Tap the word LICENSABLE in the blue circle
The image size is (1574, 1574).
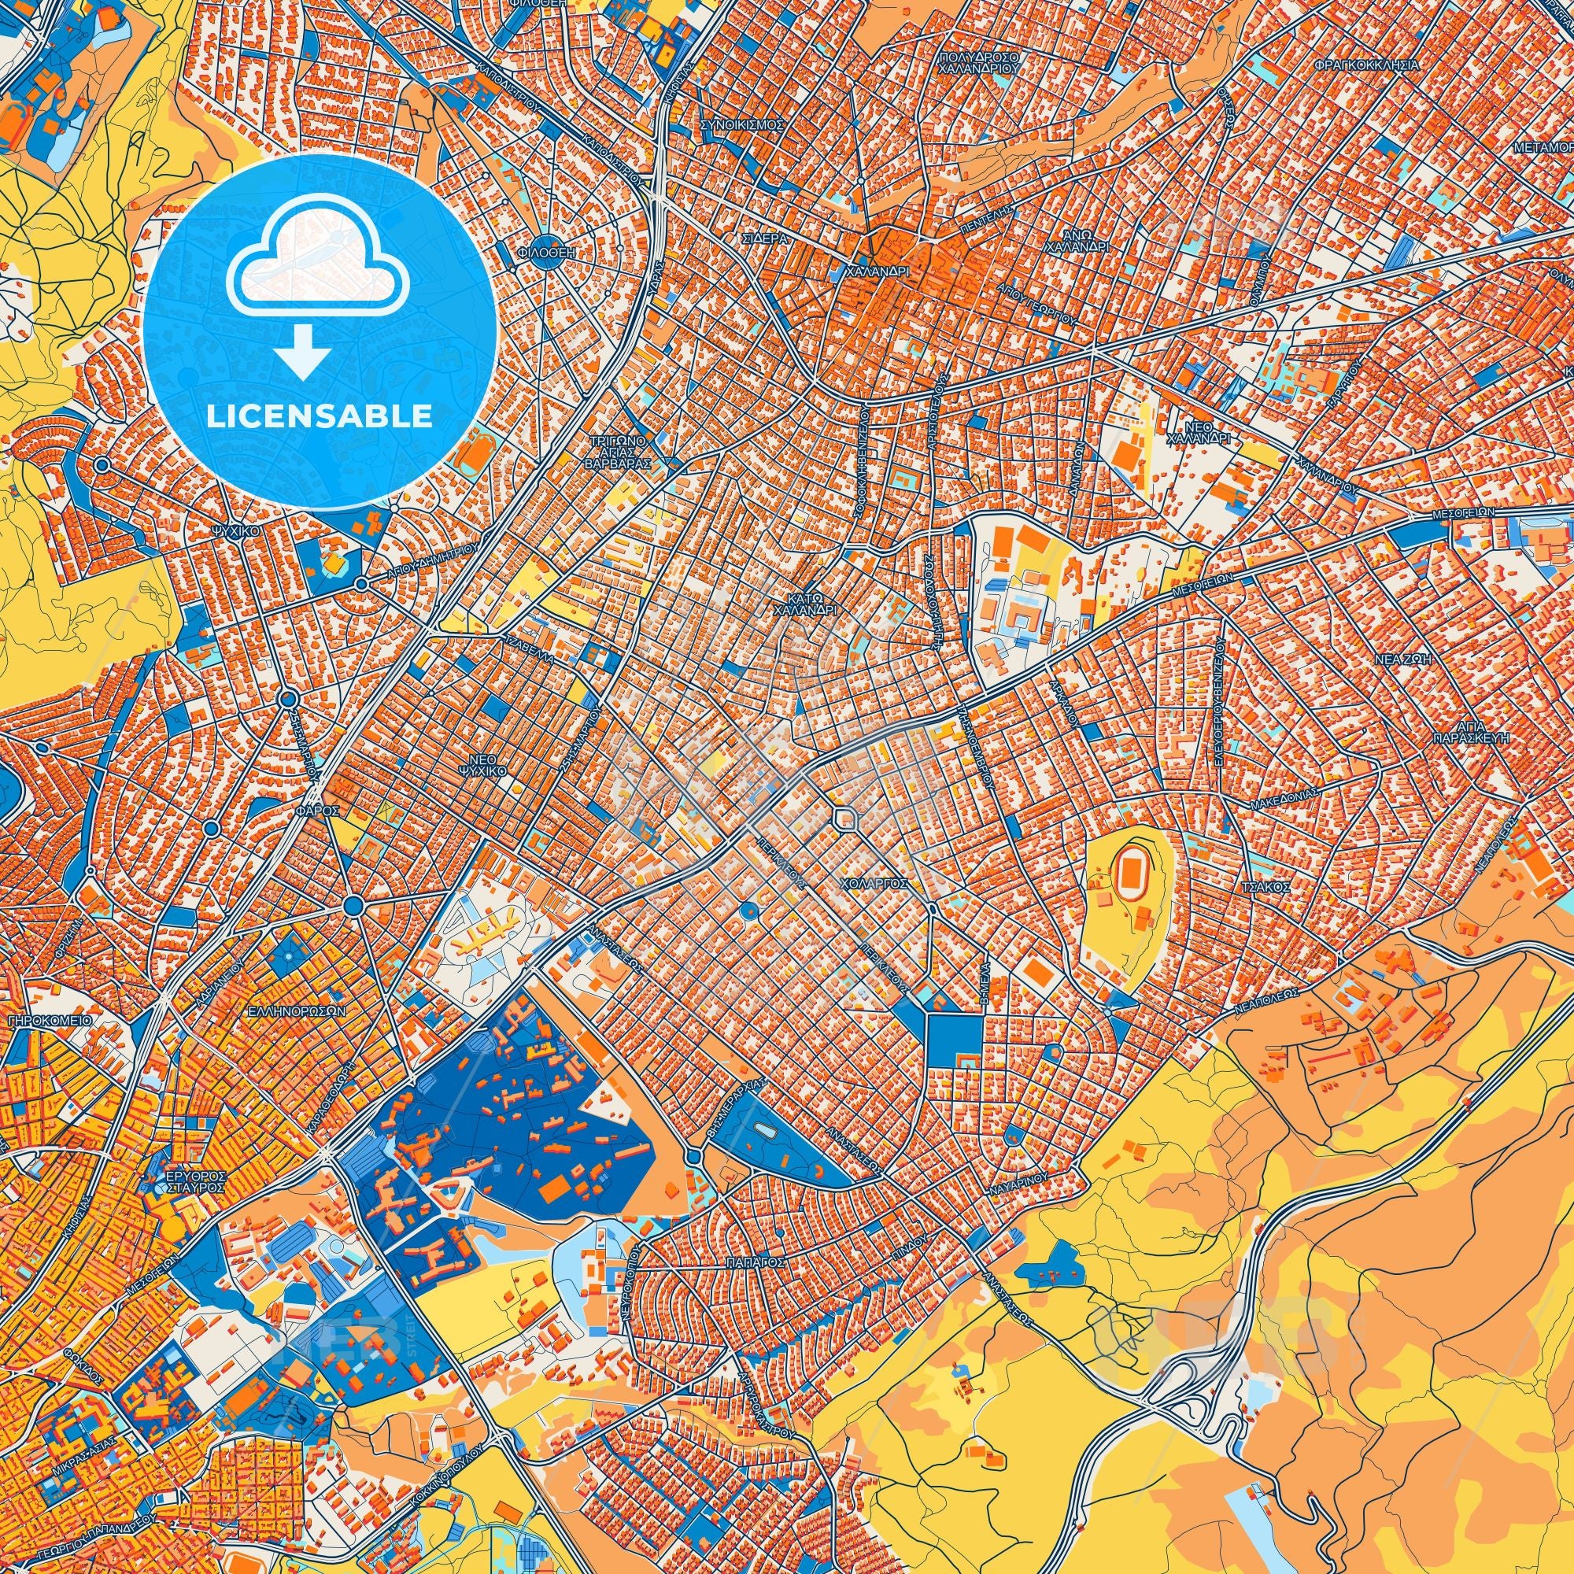click(320, 416)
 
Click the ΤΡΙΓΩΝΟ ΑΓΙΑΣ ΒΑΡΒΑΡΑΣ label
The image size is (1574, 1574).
click(620, 450)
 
